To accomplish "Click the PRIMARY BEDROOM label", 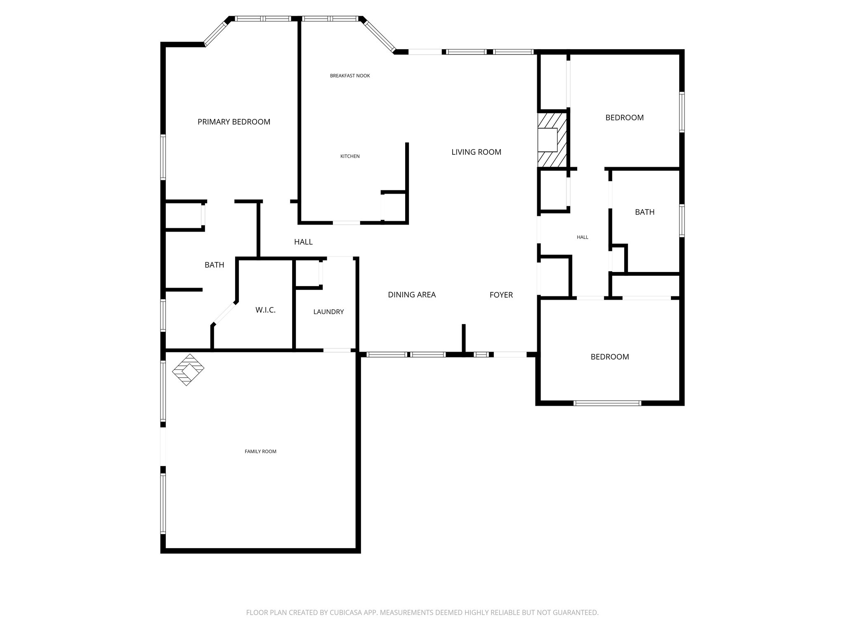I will pyautogui.click(x=234, y=122).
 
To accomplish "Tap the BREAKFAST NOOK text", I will pyautogui.click(x=350, y=76).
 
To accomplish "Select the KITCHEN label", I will pyautogui.click(x=350, y=156).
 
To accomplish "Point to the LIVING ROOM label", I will pyautogui.click(x=476, y=152).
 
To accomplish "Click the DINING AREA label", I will pyautogui.click(x=412, y=295).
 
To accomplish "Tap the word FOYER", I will pyautogui.click(x=501, y=295).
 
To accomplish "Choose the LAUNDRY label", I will pyautogui.click(x=328, y=312).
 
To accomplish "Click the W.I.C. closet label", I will pyautogui.click(x=265, y=310).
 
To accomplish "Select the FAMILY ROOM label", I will pyautogui.click(x=260, y=452).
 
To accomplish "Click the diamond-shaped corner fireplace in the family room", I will pyautogui.click(x=188, y=369).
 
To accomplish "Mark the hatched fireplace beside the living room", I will pyautogui.click(x=552, y=140).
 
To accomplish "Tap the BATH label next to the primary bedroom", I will pyautogui.click(x=214, y=265).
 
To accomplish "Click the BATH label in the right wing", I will pyautogui.click(x=644, y=212).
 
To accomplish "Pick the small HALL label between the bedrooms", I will pyautogui.click(x=582, y=237).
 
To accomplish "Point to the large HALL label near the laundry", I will pyautogui.click(x=303, y=242).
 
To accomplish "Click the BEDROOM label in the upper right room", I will pyautogui.click(x=624, y=118).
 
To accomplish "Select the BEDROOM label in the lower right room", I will pyautogui.click(x=609, y=357).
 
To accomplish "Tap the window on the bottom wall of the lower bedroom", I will pyautogui.click(x=607, y=403).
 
